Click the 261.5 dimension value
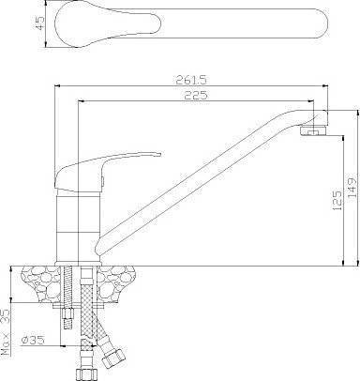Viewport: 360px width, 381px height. tap(191, 80)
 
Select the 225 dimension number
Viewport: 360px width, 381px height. tap(196, 95)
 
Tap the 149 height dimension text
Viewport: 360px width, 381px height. tap(352, 188)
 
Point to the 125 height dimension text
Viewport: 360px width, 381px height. tap(337, 200)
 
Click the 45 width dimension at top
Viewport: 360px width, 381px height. tap(39, 23)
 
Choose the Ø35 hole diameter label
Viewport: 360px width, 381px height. tap(33, 340)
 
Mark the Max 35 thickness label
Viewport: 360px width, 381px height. tap(6, 332)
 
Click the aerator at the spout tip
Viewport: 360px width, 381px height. tap(313, 130)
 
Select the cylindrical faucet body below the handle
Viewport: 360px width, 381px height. tap(78, 227)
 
